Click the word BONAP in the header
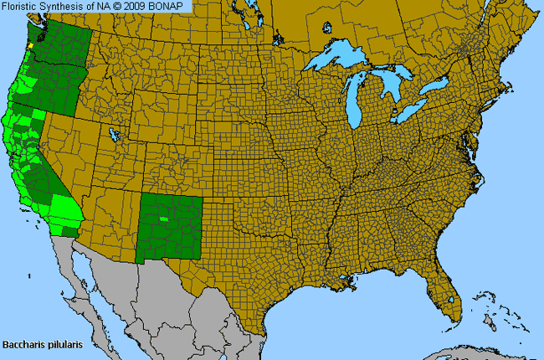171,6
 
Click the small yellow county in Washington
30,46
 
